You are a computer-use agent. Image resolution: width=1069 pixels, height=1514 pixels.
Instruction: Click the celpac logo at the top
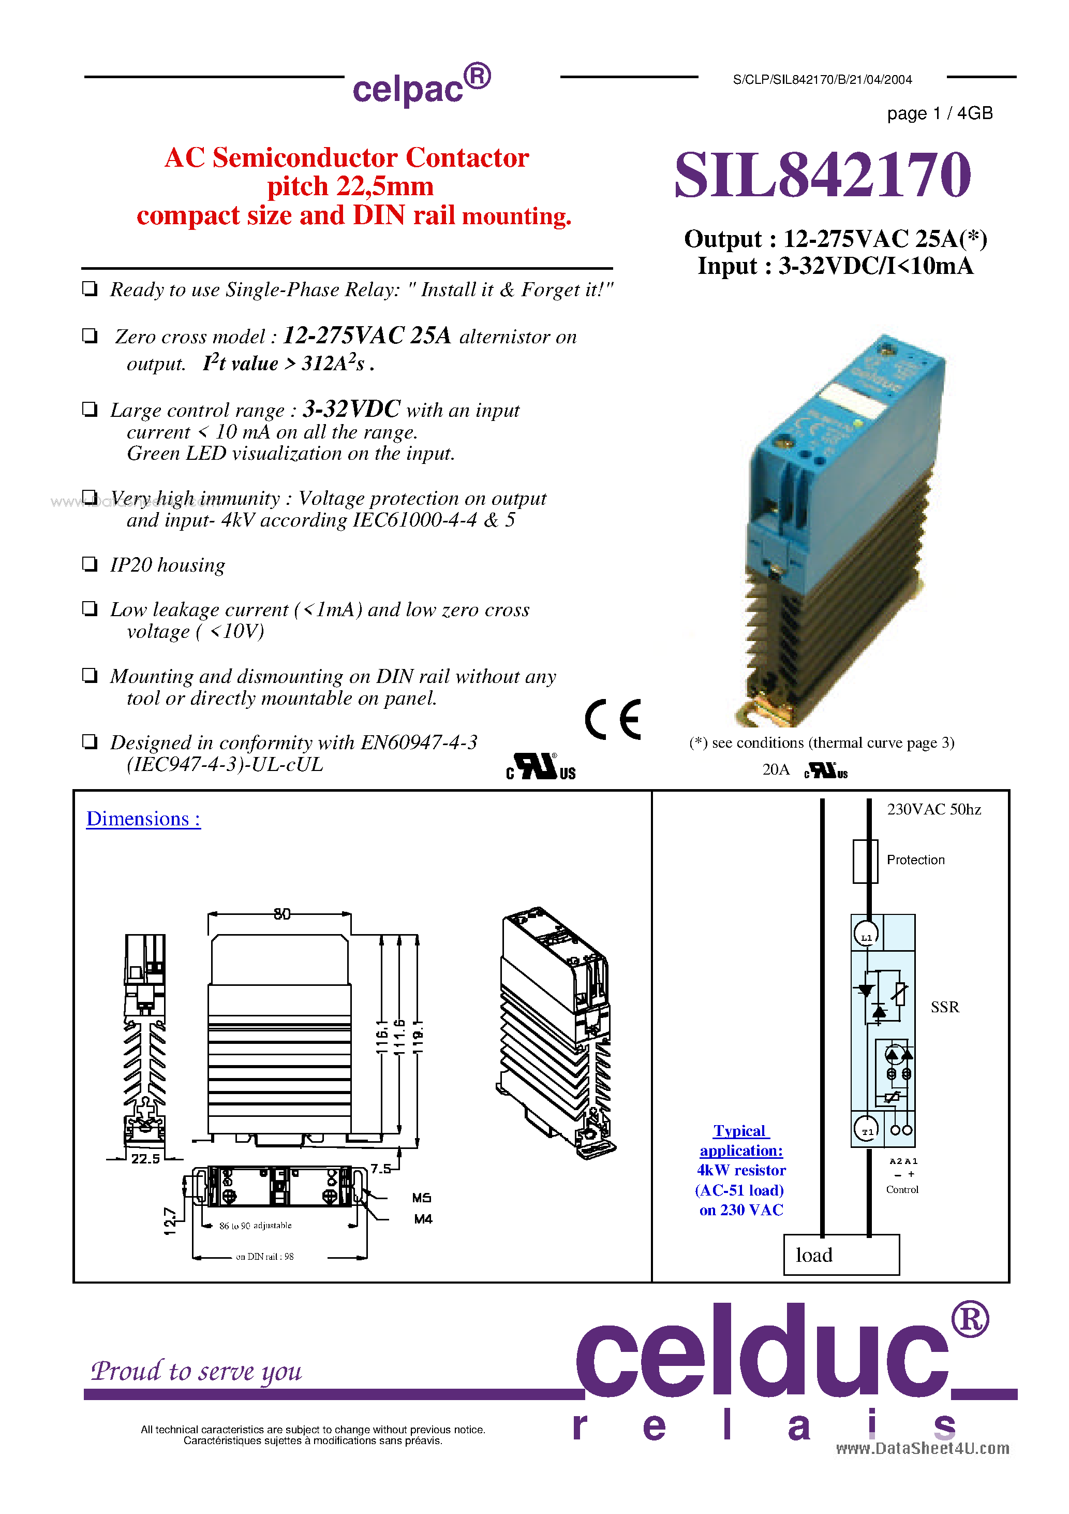[421, 86]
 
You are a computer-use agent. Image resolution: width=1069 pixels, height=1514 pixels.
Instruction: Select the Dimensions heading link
[143, 819]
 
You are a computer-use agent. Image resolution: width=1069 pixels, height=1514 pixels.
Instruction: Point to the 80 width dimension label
[282, 914]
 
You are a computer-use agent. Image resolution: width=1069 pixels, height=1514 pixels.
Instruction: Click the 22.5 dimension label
[145, 1159]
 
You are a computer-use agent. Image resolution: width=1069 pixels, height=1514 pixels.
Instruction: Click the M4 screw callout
[422, 1219]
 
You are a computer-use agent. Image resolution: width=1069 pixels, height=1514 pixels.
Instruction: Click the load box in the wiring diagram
[841, 1255]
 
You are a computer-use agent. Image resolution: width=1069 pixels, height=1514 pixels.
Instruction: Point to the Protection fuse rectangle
[865, 861]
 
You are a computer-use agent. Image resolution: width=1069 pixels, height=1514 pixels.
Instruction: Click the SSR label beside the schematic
[944, 1007]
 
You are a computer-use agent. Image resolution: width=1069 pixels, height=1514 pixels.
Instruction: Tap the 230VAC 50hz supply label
[933, 809]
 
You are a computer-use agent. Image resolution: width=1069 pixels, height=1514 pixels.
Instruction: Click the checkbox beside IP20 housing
[90, 564]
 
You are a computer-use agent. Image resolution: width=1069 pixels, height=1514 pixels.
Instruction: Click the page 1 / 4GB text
[939, 113]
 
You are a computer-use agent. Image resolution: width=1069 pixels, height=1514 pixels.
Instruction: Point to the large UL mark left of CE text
[540, 767]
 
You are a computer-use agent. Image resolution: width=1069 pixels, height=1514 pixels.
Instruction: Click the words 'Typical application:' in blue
[741, 1140]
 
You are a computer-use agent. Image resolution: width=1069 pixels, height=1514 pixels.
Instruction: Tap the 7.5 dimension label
[380, 1169]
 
